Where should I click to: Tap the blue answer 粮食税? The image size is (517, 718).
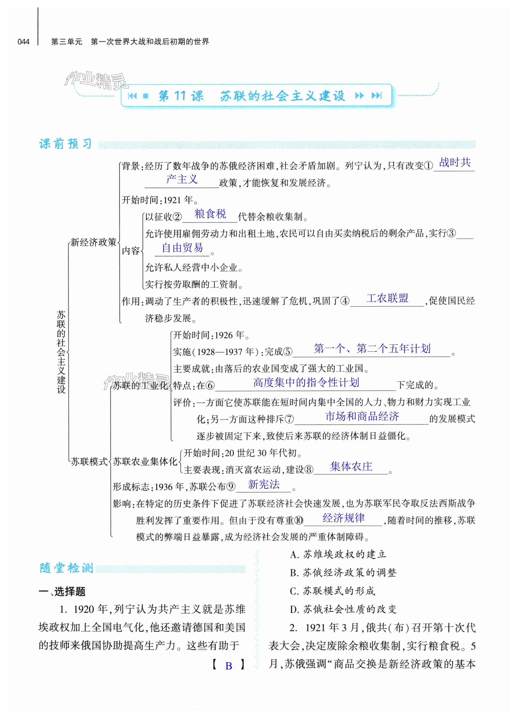tap(210, 214)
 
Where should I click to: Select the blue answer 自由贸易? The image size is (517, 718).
tap(182, 248)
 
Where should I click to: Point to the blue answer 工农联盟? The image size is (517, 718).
tap(387, 298)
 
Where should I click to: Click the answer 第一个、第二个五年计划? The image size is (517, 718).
tap(372, 348)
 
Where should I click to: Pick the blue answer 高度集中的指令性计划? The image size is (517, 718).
tap(306, 382)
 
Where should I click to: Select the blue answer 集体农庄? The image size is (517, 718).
tap(351, 466)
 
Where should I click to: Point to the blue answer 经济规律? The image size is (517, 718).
tap(344, 518)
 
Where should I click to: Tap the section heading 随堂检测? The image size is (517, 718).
tap(66, 568)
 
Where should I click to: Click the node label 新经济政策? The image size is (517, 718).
tap(93, 243)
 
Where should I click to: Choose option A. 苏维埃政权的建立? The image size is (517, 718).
tap(338, 554)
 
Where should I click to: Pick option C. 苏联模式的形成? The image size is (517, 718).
tap(332, 591)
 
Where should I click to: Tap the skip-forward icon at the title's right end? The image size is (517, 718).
tap(376, 95)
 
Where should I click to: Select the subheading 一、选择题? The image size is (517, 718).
tap(62, 591)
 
